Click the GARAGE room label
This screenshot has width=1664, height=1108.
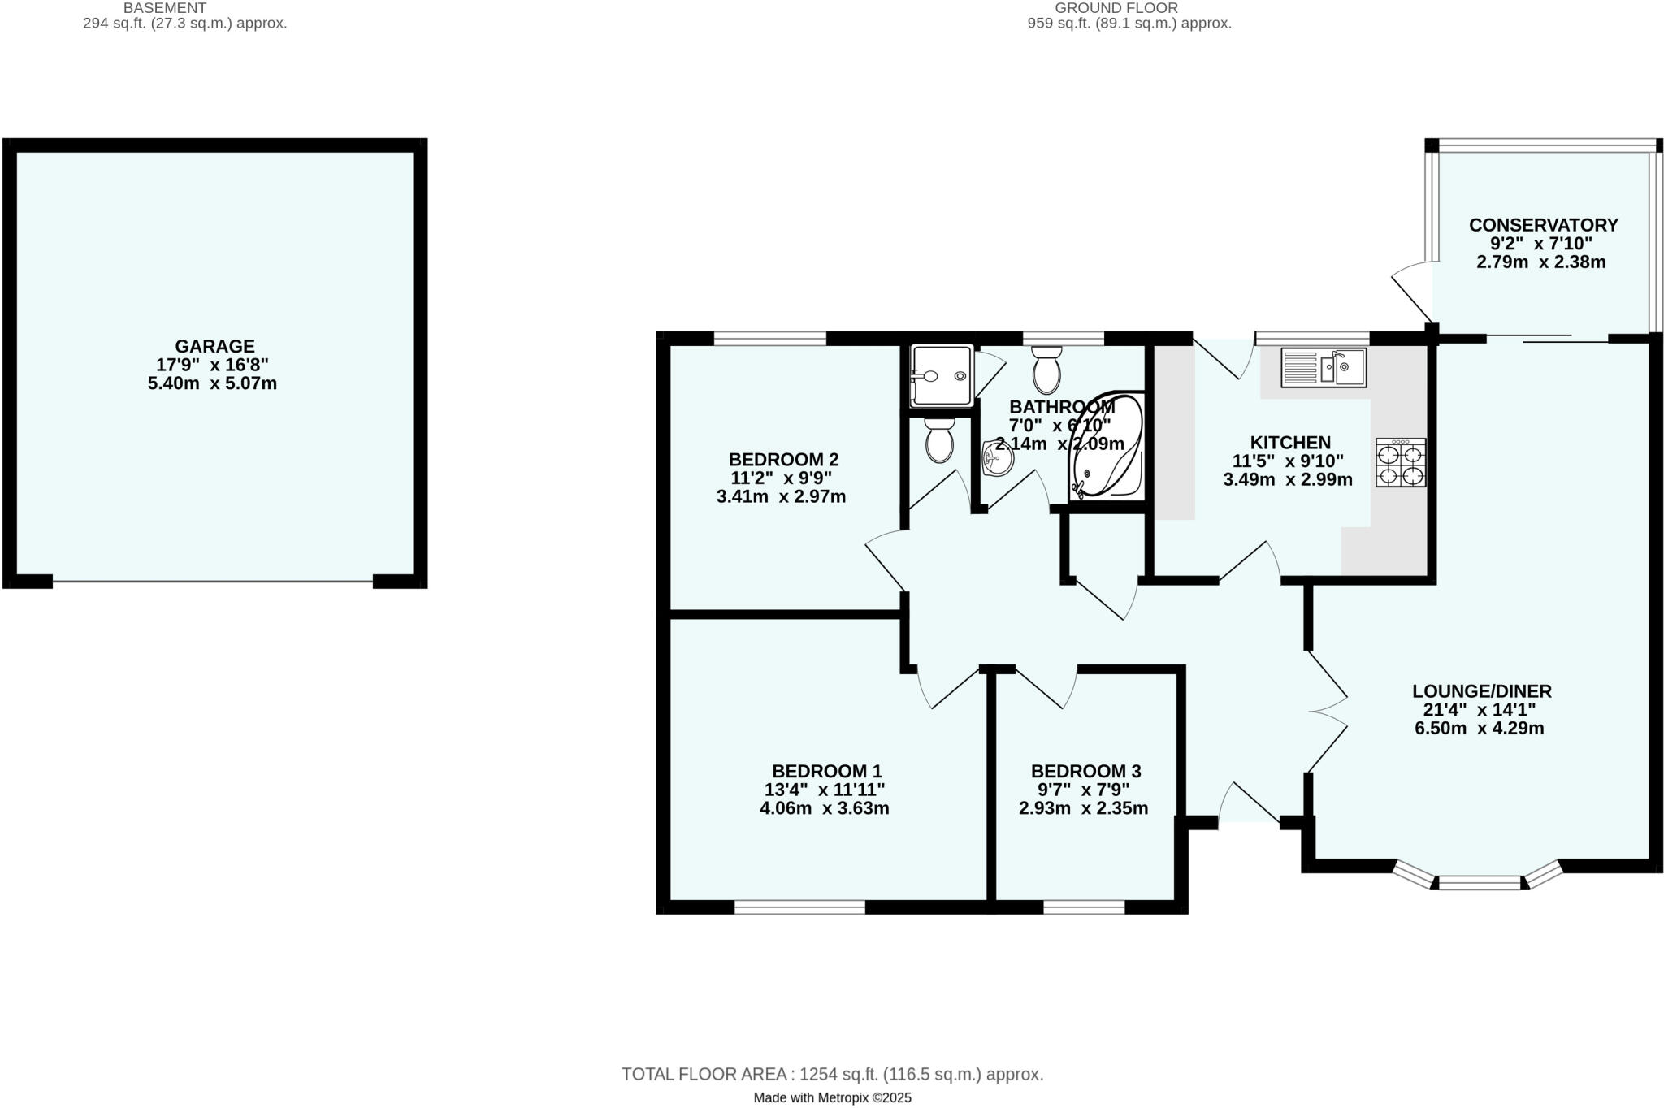(214, 347)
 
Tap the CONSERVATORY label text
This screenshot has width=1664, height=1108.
(1543, 225)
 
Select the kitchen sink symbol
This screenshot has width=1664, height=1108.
(1324, 367)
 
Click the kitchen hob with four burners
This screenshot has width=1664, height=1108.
(1401, 462)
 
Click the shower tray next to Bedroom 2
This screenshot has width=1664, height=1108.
(942, 376)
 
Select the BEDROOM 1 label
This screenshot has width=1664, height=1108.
(826, 771)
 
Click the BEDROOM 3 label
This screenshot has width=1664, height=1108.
(1085, 771)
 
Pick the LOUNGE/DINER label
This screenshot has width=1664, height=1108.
(1481, 691)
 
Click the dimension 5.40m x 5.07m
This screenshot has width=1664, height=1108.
(212, 383)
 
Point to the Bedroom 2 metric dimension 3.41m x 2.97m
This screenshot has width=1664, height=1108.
(781, 496)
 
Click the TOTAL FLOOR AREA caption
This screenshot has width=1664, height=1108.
(832, 1074)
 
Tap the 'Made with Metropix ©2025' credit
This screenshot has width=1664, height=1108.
(832, 1098)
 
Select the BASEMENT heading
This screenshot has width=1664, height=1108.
(165, 8)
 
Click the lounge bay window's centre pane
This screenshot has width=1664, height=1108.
(1479, 882)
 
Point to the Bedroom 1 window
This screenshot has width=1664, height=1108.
(799, 907)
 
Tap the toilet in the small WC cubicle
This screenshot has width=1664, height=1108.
(939, 441)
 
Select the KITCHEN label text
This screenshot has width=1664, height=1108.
(1289, 443)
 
